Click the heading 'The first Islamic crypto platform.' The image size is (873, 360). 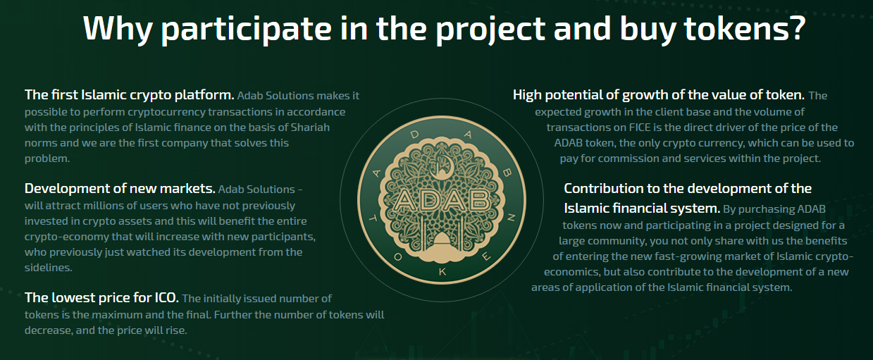tap(130, 94)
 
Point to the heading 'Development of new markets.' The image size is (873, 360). tap(120, 189)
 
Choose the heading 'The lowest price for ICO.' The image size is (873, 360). tap(101, 298)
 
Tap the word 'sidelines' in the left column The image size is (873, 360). tap(47, 268)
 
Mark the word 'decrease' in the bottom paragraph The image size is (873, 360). tap(49, 330)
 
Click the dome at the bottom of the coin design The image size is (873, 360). tap(442, 242)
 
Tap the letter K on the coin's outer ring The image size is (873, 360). tap(442, 272)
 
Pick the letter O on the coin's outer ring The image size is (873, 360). tap(397, 257)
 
